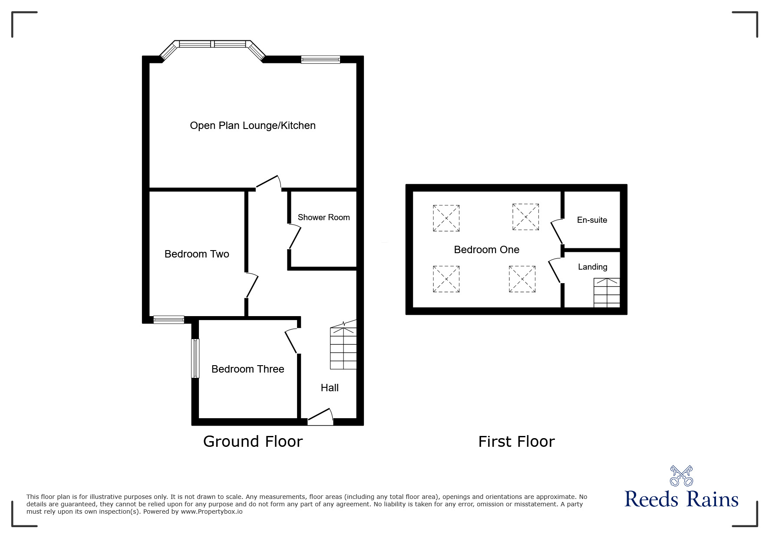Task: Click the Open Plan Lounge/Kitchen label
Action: coord(253,126)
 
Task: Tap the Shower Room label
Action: coord(323,218)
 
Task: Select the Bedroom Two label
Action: coord(197,254)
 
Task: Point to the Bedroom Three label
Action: coord(248,369)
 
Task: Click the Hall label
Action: coord(330,388)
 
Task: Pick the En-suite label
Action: coord(592,220)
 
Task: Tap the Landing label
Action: coord(592,267)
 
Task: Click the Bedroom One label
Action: coord(486,250)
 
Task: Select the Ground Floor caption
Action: coord(253,442)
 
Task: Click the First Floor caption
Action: coord(516,442)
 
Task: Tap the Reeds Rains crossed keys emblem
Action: coord(681,476)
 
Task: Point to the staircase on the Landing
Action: coord(607,293)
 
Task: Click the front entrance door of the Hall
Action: coord(320,416)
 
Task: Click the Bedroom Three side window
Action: coord(195,358)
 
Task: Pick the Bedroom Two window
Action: coord(169,320)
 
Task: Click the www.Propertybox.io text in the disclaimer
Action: coord(211,512)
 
